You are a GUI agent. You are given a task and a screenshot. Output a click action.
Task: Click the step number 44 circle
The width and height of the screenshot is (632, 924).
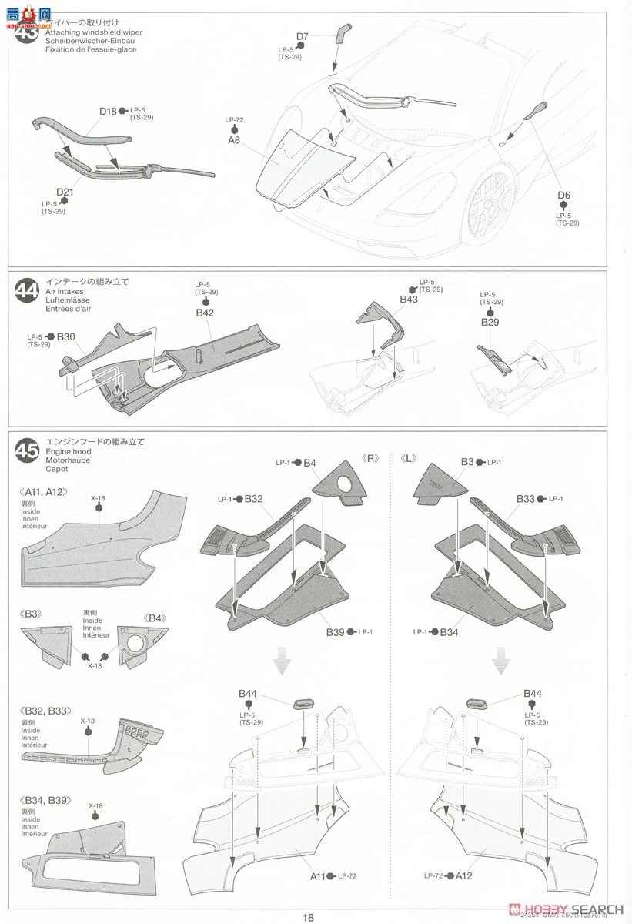click(x=26, y=292)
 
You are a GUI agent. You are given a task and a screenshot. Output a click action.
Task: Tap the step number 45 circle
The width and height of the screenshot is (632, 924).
click(x=26, y=450)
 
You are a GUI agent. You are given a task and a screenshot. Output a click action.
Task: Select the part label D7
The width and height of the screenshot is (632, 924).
click(x=302, y=36)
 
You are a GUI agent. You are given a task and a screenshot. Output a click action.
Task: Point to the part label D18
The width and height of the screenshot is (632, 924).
click(x=108, y=111)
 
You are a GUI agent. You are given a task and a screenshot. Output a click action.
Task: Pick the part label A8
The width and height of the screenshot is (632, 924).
click(x=234, y=140)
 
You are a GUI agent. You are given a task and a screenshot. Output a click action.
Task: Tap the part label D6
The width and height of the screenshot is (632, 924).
click(x=564, y=195)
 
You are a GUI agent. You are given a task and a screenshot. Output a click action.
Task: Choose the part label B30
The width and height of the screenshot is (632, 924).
click(x=66, y=336)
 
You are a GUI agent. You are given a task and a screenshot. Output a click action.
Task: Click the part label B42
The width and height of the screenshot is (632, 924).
click(x=204, y=313)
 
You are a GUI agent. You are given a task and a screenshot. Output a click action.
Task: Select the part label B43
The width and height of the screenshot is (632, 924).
click(x=408, y=299)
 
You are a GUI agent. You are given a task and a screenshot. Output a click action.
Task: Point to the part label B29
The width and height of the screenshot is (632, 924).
click(x=490, y=322)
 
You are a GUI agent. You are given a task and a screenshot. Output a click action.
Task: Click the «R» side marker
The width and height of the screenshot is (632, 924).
click(x=371, y=457)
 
